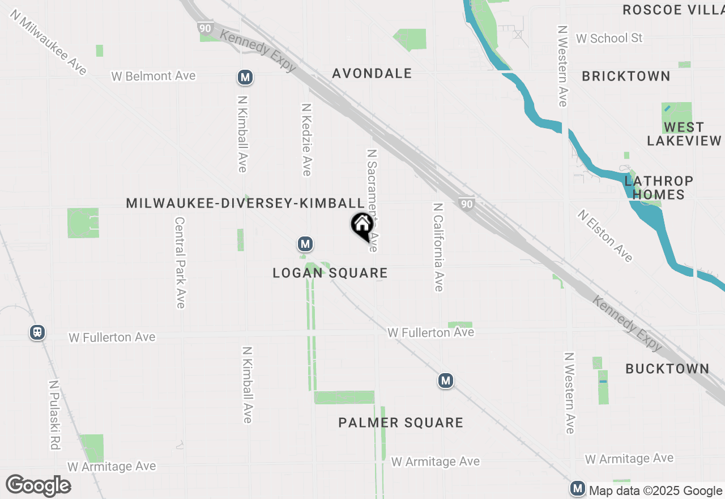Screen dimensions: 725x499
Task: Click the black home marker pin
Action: [x=362, y=226]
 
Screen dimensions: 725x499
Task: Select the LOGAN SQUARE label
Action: [x=330, y=273]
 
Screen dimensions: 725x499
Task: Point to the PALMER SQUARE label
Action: [x=400, y=422]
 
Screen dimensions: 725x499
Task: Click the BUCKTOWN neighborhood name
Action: [x=667, y=369]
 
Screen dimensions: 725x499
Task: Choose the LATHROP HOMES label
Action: [x=659, y=188]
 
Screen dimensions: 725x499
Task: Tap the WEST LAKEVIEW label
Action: [x=684, y=134]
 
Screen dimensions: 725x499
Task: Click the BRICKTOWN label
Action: [x=626, y=76]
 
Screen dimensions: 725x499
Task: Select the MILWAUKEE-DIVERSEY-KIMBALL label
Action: [x=245, y=203]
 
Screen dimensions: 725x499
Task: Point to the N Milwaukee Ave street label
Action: [x=48, y=42]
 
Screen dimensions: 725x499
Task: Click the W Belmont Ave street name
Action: [x=153, y=75]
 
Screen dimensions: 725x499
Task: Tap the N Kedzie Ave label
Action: [x=306, y=139]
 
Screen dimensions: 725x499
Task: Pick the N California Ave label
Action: [x=438, y=247]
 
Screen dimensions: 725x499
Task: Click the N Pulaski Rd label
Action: [x=54, y=415]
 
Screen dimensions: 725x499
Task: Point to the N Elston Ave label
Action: [x=605, y=236]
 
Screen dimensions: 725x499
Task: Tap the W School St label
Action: [x=609, y=38]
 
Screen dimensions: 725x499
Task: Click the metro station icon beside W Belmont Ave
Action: [x=245, y=77]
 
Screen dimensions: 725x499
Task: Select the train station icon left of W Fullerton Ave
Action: [x=37, y=332]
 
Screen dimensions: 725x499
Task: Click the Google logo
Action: [x=38, y=486]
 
